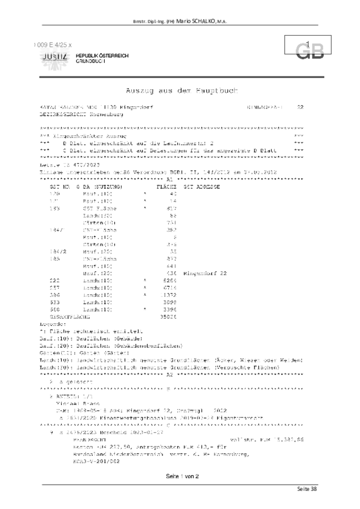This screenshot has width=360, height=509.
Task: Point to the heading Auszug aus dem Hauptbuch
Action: [181, 90]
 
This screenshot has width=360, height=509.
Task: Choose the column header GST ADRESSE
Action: [202, 186]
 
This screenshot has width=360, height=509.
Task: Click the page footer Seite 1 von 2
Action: [179, 477]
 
